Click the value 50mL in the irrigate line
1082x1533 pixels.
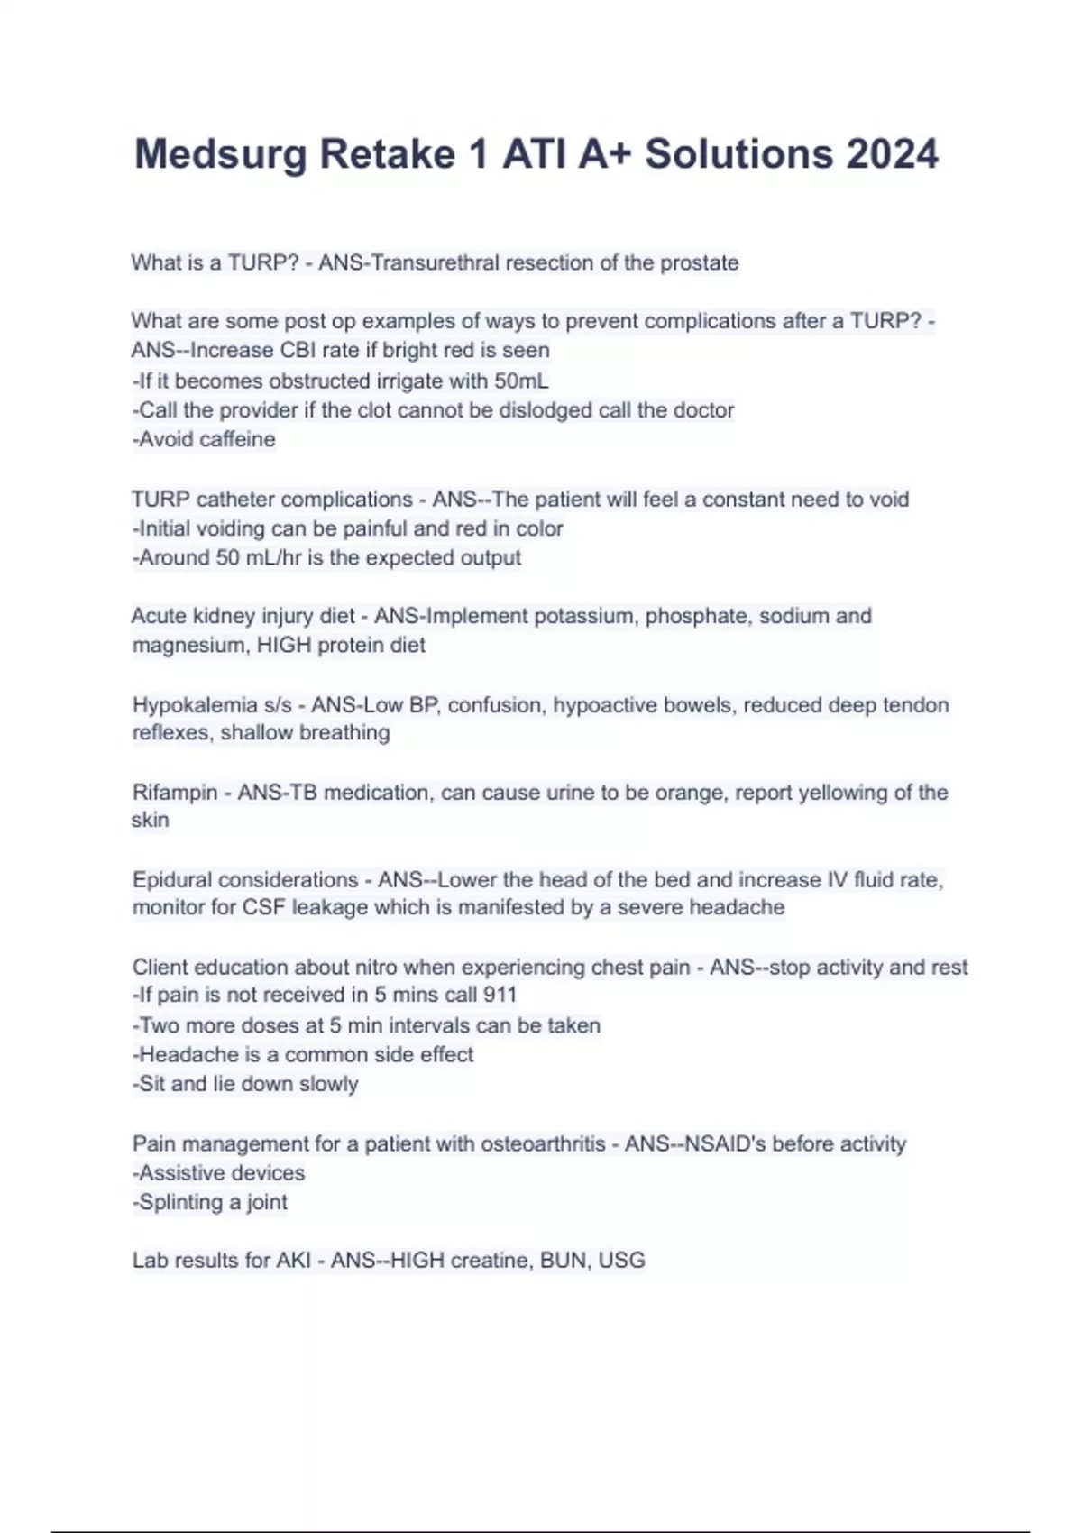[520, 381]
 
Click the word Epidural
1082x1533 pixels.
[174, 879]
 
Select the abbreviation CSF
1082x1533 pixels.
[263, 907]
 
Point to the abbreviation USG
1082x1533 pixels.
[621, 1260]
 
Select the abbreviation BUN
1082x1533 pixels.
[563, 1260]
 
